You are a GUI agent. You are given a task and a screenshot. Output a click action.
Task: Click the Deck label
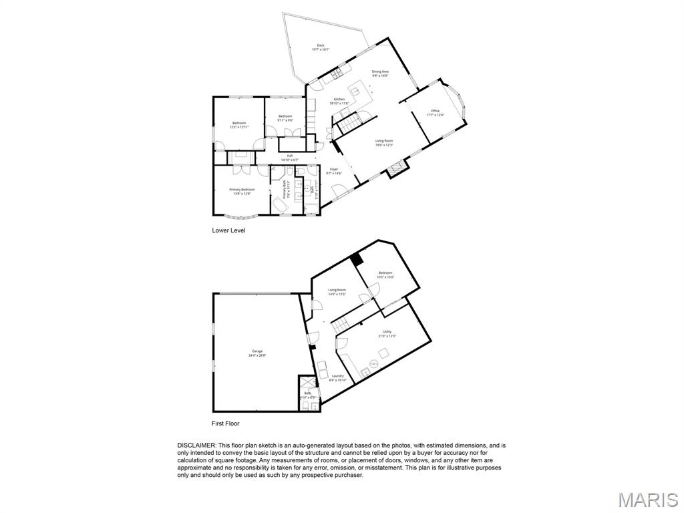[321, 47]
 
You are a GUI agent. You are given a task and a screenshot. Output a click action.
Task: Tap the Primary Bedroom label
[240, 192]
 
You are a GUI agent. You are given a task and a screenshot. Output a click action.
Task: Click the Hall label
[290, 158]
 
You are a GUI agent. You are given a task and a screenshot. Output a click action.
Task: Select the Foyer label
[333, 171]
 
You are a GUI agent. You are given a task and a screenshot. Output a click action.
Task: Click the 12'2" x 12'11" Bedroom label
[239, 125]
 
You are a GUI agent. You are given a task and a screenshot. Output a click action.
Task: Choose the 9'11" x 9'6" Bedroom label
[285, 118]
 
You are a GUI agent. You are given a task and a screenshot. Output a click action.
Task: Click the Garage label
[257, 353]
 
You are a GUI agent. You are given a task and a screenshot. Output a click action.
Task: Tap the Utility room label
[387, 333]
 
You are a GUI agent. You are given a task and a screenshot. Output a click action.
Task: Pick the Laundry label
[338, 378]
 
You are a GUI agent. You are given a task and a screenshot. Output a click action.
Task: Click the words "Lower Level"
[228, 230]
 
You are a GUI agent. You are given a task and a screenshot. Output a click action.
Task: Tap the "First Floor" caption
[225, 423]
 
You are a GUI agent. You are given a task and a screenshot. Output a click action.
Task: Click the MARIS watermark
[648, 500]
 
